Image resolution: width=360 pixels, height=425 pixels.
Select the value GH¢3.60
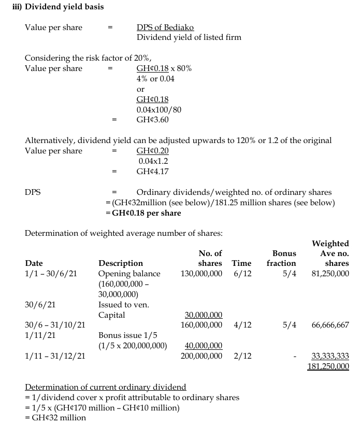[152, 120]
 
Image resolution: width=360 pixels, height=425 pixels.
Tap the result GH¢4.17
[152, 172]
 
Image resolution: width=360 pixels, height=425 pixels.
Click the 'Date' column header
[34, 263]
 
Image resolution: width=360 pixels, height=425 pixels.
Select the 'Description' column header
[120, 263]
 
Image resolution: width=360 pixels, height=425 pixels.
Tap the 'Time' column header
[241, 263]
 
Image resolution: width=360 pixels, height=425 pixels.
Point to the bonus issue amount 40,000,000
[204, 346]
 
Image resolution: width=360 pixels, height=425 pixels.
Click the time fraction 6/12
[242, 274]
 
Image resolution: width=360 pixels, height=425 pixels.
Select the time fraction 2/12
[242, 356]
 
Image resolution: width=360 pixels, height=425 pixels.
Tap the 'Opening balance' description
[129, 274]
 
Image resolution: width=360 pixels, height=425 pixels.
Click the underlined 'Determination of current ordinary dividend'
[105, 387]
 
